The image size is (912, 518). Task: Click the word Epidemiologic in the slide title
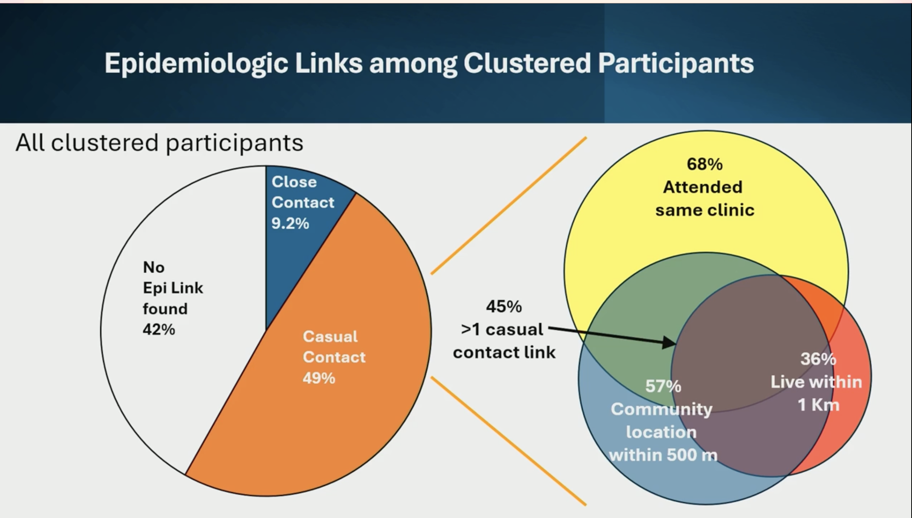[196, 64]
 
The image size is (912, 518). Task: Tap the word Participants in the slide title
[676, 64]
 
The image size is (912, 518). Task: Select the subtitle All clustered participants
[159, 143]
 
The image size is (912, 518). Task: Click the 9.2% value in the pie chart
[290, 224]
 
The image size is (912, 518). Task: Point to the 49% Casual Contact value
[319, 378]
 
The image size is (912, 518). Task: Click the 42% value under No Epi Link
[159, 329]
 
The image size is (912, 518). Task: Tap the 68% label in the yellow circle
[705, 164]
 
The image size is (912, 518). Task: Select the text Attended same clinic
[704, 198]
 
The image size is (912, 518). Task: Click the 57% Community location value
[663, 386]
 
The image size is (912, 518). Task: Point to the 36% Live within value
[818, 359]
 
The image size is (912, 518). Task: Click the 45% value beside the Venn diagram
[504, 306]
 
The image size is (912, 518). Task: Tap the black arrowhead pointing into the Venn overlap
[670, 343]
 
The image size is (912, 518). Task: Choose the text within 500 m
[663, 455]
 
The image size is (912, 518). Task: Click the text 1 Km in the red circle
[818, 405]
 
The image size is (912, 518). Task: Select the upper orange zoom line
[509, 206]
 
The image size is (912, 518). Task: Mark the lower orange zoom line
[509, 441]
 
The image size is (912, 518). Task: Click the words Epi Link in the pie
[173, 288]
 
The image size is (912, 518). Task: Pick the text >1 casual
[502, 329]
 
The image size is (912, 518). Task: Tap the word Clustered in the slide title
[527, 64]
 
